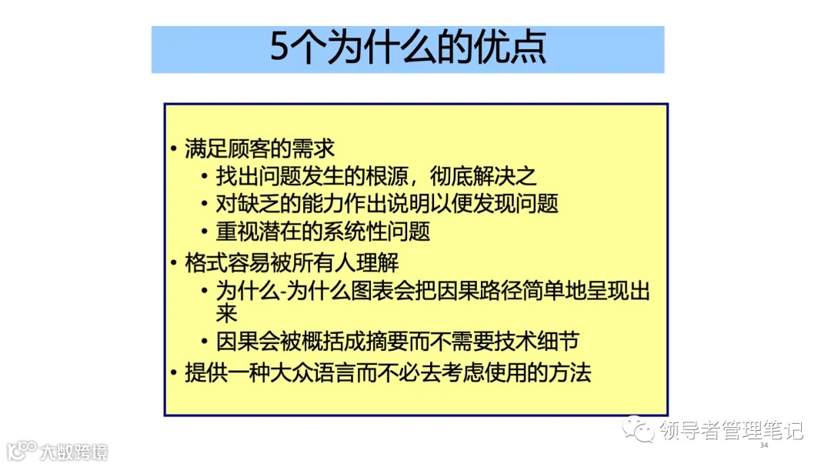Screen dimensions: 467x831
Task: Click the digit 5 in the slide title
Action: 279,48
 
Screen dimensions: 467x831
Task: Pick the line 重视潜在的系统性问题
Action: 322,232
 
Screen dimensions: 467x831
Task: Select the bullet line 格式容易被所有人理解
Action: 292,262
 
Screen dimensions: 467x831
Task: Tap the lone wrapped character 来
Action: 226,313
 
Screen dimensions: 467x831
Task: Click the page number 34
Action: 764,445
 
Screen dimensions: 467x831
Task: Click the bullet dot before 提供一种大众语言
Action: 174,374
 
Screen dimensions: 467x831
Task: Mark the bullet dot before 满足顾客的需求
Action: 174,148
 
